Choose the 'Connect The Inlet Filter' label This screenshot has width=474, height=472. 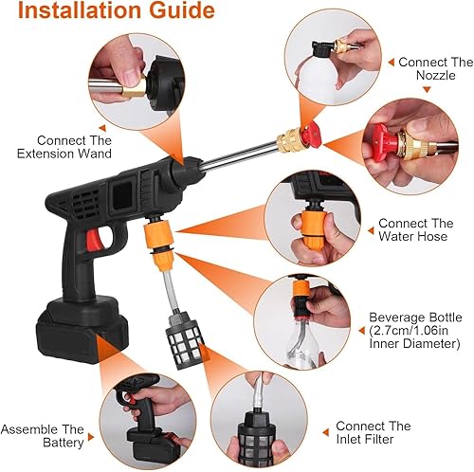tap(374, 433)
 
